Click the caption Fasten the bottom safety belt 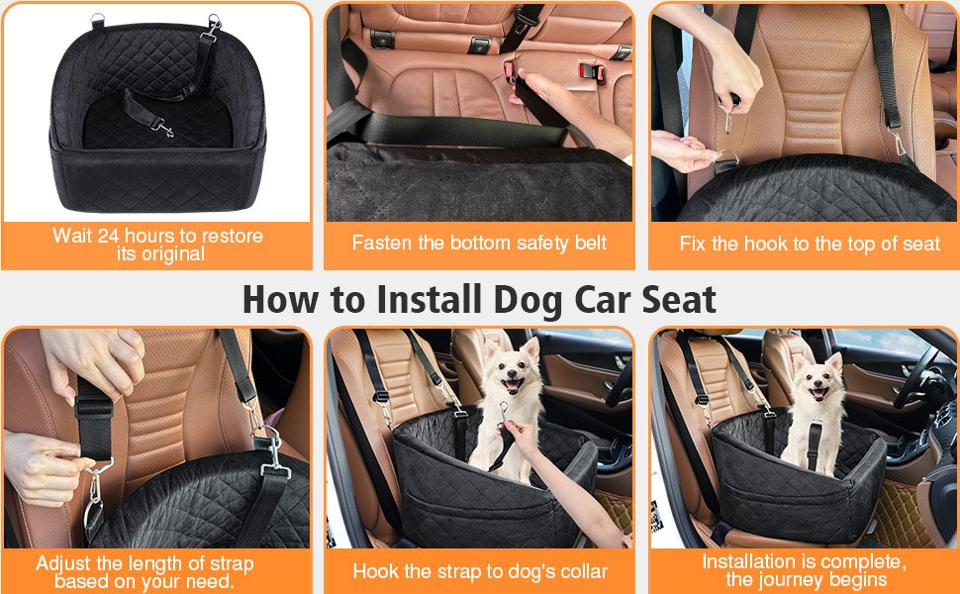pos(479,243)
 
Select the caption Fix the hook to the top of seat pos(809,243)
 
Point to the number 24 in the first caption pos(119,236)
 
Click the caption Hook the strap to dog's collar pos(480,571)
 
